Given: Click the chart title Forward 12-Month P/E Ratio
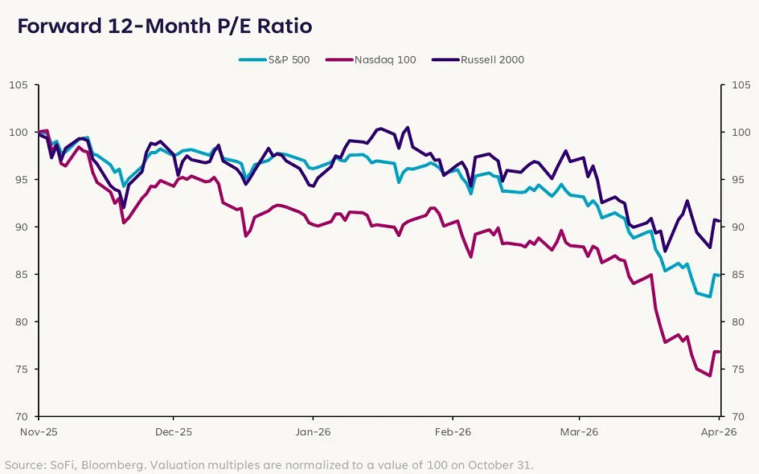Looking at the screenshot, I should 164,26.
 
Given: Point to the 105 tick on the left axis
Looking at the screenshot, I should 18,85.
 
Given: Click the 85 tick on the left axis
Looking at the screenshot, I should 19,275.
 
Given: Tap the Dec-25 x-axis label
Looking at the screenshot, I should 174,431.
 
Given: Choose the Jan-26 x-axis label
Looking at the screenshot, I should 312,431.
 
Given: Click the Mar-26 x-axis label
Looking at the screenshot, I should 580,431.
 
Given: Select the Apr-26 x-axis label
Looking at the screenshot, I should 718,431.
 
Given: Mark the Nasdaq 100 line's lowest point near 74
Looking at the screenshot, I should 709,376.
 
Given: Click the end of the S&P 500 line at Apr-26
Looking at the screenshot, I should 718,276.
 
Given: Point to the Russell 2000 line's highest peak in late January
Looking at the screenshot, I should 408,127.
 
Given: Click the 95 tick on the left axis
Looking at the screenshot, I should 19,180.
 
